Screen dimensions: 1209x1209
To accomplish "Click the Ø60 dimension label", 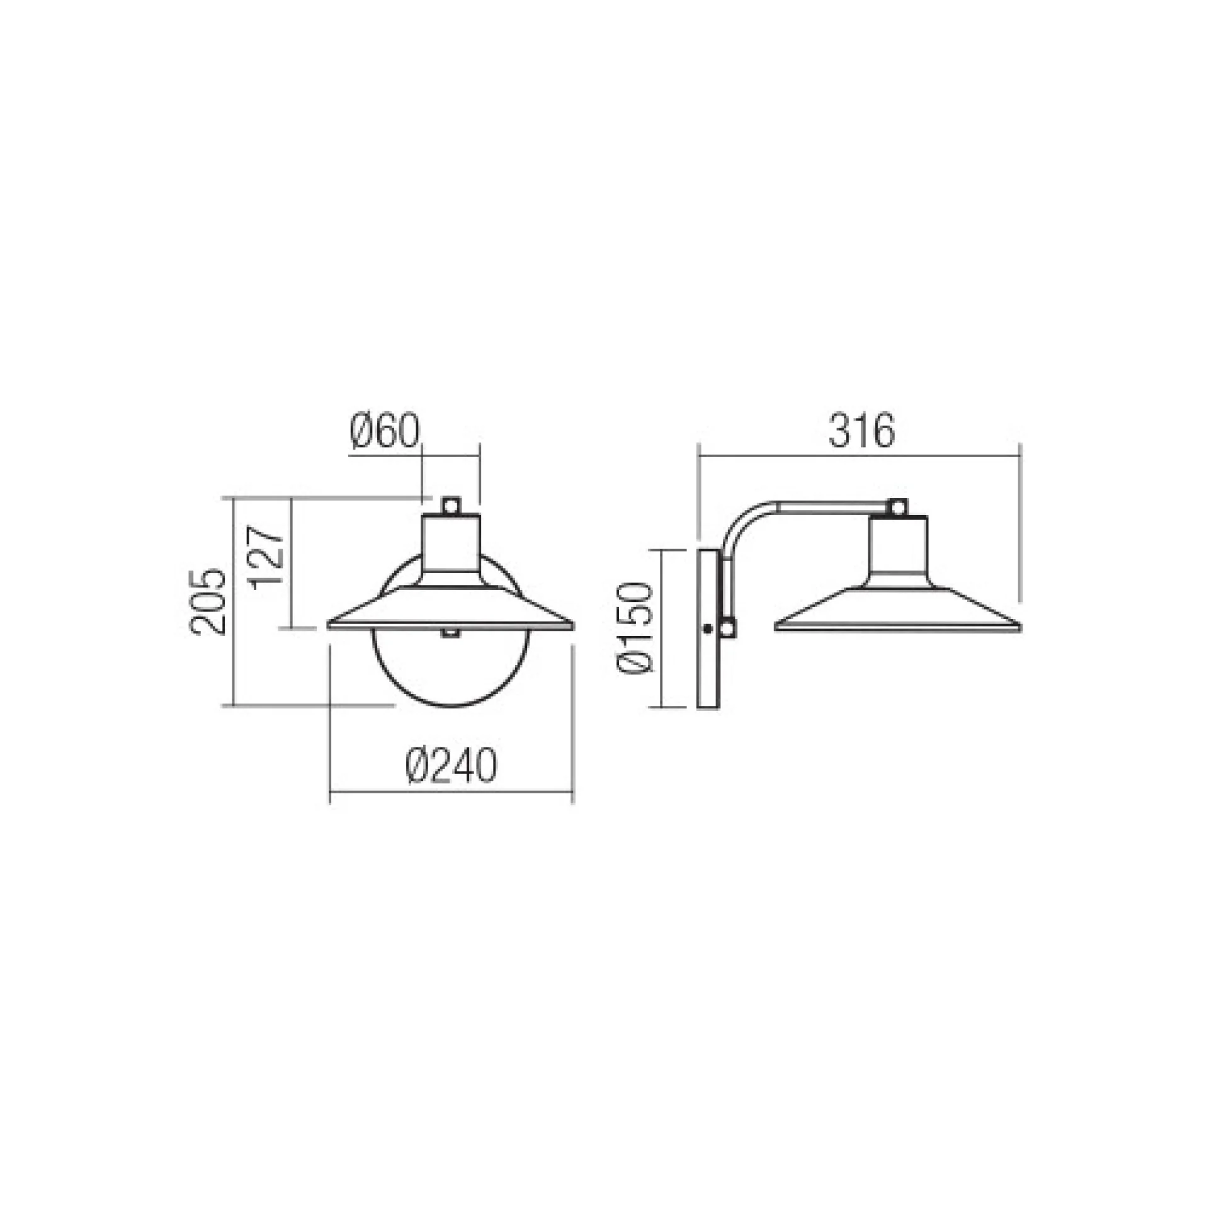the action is coord(383,433).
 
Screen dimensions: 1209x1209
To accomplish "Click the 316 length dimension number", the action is coord(861,433).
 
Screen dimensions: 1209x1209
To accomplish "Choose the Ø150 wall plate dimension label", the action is coord(634,628).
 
